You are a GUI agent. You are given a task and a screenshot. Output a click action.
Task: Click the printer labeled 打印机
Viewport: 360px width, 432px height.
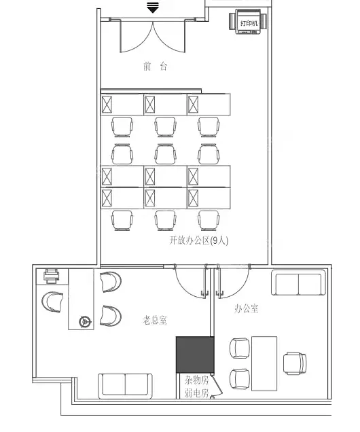coord(248,22)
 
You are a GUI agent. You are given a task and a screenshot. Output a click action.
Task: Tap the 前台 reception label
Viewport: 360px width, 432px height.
coord(155,67)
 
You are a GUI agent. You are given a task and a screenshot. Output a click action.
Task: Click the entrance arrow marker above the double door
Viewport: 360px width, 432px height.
coord(153,7)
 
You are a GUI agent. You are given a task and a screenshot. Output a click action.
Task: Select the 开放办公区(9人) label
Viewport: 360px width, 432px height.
coord(198,240)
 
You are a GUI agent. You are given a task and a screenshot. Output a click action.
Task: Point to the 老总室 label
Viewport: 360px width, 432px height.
coord(154,320)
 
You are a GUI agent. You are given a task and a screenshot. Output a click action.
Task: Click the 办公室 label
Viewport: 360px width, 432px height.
coord(247,308)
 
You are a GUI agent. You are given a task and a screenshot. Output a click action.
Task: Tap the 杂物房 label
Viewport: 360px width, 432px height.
coord(197,380)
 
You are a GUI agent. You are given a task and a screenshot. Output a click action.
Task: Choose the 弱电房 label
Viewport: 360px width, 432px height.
coord(197,393)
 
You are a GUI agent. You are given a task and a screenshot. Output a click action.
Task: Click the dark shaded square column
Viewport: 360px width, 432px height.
coord(195,355)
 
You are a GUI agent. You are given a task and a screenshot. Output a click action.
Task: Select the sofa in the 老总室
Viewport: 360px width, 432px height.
coord(126,386)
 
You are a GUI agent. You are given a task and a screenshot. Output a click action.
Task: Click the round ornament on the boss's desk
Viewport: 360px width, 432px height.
coord(86,321)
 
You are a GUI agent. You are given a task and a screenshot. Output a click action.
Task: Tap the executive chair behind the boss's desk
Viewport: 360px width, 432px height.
coord(52,302)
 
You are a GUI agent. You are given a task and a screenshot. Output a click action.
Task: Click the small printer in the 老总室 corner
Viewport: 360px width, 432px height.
coord(52,276)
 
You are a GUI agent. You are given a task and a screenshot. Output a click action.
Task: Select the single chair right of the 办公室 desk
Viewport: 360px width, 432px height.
coord(295,363)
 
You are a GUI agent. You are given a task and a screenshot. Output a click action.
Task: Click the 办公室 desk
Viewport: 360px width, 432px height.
coord(264,363)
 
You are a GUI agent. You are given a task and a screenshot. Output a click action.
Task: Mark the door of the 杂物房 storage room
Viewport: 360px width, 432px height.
coord(217,385)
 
